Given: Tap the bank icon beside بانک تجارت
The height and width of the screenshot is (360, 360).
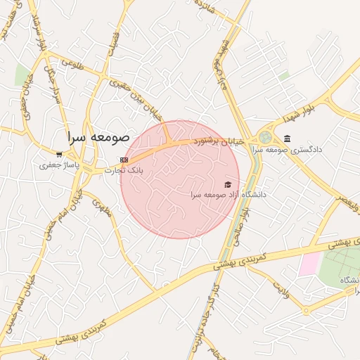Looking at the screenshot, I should click(124, 160).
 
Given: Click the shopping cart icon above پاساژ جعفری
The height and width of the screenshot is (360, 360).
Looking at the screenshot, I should click(60, 155).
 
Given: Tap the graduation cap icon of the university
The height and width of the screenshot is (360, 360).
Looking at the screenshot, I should click(227, 184).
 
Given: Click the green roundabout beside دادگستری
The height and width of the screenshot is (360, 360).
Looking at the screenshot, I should click(265, 138).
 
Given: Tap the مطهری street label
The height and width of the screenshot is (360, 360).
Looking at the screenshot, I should click(103, 206).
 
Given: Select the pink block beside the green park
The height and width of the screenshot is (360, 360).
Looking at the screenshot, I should click(308, 264).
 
